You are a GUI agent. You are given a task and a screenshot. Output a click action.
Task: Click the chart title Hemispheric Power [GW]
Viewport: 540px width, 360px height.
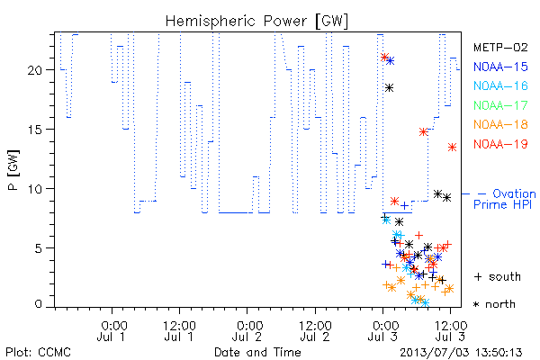coord(256,22)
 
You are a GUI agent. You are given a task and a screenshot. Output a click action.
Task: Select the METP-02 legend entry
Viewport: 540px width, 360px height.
coord(500,47)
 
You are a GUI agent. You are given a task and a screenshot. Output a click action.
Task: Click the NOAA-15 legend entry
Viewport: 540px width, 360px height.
coord(500,67)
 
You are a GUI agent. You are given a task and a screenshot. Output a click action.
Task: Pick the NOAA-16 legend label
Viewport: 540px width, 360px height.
coord(500,85)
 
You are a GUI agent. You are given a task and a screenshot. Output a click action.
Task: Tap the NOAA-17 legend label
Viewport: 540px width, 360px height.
coord(500,105)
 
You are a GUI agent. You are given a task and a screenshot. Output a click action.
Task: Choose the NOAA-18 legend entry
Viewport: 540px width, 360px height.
coord(500,124)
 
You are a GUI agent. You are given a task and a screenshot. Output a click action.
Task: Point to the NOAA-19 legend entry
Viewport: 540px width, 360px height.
coord(500,144)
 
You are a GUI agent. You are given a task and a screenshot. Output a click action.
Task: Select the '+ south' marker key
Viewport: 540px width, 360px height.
coord(498,276)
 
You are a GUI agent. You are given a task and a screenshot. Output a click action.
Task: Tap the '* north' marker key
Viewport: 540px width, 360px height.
coord(494,304)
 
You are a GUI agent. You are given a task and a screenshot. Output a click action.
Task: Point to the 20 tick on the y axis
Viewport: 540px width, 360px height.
coord(34,70)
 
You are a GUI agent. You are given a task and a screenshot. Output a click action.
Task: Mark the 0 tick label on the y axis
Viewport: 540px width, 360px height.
coord(38,304)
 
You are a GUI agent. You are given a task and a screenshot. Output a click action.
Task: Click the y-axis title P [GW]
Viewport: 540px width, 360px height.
coord(13,170)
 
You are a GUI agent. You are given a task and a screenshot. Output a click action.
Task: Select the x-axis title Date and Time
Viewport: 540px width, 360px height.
coord(257,353)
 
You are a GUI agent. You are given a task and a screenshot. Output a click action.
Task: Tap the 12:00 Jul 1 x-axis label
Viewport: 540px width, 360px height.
coord(179,331)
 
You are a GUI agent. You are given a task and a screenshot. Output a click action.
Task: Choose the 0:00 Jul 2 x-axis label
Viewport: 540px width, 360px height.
coord(247,331)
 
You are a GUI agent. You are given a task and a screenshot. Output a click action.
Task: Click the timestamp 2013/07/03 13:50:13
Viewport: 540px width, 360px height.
coord(461,353)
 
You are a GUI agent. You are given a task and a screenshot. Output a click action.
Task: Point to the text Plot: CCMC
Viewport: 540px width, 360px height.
coord(38,353)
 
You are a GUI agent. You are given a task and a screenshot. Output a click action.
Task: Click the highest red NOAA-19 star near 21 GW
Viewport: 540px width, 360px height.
coord(384,58)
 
